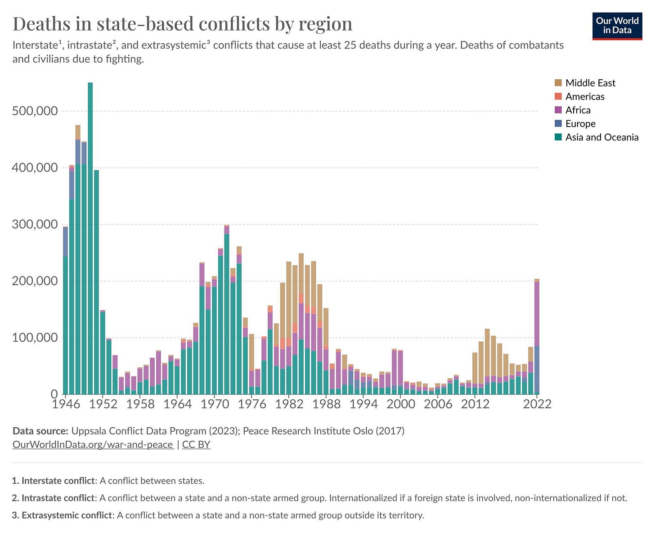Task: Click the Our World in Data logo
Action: click(617, 26)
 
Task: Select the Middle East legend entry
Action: click(584, 83)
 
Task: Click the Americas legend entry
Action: click(579, 96)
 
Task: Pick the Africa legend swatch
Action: click(558, 110)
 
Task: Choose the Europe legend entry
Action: click(575, 123)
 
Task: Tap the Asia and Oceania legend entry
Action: click(596, 137)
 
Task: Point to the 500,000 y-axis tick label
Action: click(35, 111)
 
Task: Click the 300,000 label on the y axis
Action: click(35, 224)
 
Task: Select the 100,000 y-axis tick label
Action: click(35, 338)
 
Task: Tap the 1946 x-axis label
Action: click(66, 404)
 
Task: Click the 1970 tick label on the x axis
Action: click(215, 404)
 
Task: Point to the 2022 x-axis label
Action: click(537, 404)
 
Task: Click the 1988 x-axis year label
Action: click(326, 404)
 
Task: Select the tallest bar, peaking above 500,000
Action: click(90, 238)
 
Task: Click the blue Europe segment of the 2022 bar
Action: click(537, 370)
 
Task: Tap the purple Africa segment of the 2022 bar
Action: click(537, 314)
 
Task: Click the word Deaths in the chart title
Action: click(41, 24)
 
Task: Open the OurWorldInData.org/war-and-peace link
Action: click(93, 444)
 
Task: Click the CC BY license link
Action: click(196, 444)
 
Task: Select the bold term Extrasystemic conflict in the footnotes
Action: click(67, 515)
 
